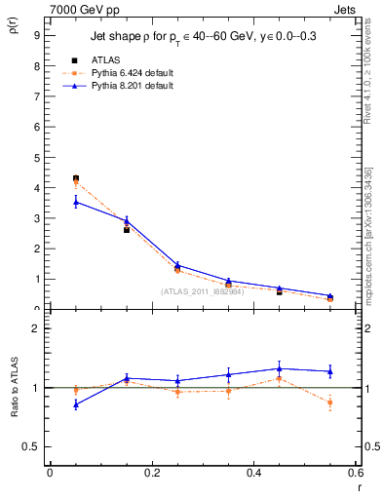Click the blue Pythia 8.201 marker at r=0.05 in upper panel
(x=75, y=202)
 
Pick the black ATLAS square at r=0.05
(x=75, y=178)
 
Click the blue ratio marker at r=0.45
(x=280, y=368)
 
